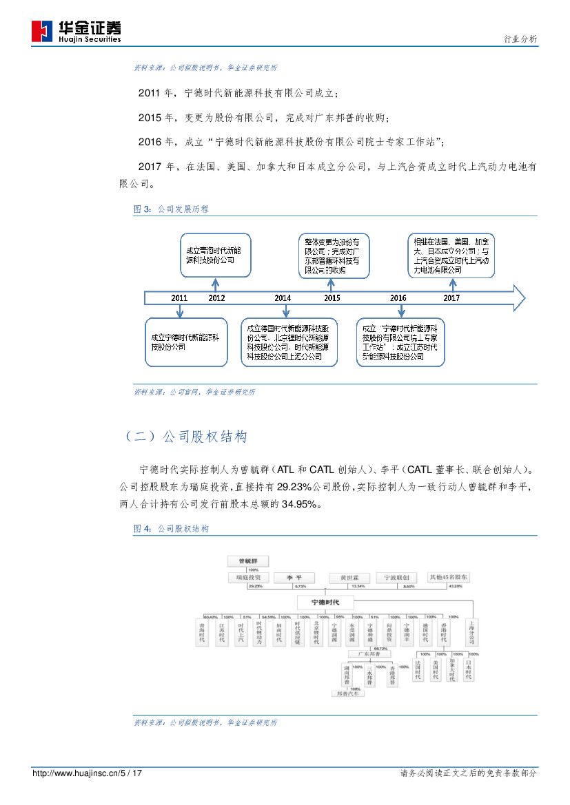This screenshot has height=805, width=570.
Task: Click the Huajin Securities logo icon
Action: pos(43,31)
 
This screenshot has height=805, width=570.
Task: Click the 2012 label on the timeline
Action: pos(216,297)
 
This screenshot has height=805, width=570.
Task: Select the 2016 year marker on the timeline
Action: pos(398,297)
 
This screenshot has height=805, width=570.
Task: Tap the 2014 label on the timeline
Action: pos(282,297)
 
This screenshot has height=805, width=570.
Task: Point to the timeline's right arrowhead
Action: pos(518,297)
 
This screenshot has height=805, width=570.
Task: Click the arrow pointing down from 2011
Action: pos(180,311)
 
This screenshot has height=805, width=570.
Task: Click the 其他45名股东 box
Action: pos(449,577)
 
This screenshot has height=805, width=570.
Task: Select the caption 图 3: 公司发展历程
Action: pos(171,209)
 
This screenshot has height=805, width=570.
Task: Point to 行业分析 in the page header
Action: pos(521,39)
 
